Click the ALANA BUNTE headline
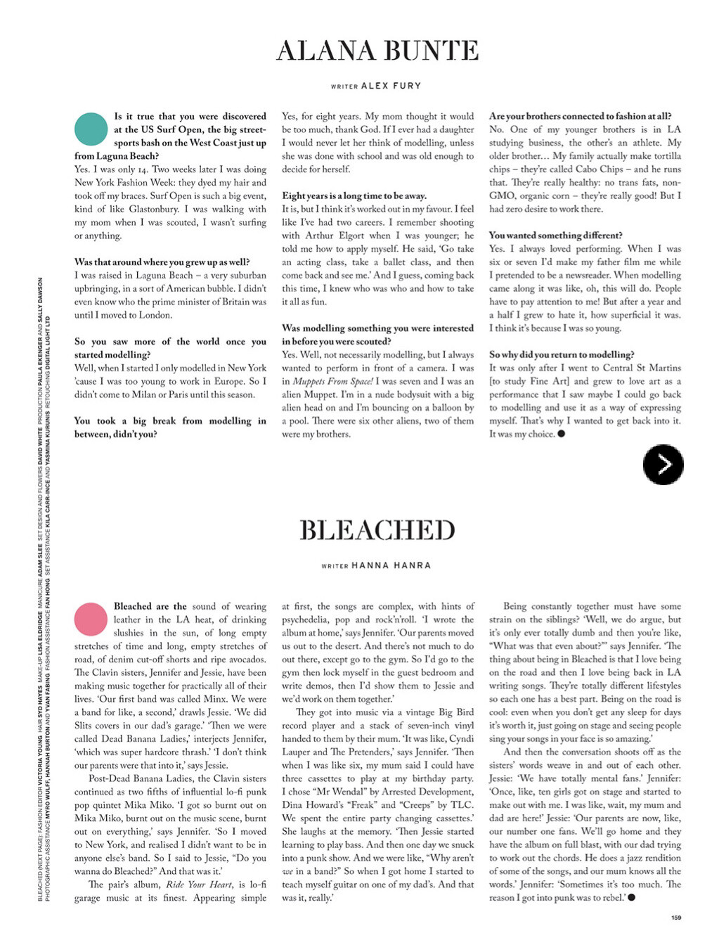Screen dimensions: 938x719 click(377, 51)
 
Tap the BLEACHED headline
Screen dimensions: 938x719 click(377, 530)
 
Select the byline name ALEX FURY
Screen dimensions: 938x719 click(391, 86)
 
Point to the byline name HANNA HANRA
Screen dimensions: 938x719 click(391, 565)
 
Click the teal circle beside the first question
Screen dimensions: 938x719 click(91, 129)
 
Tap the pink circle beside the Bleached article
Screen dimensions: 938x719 click(91, 619)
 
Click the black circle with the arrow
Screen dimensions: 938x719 click(663, 464)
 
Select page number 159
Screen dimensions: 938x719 click(676, 917)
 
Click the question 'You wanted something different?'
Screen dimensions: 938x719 click(555, 236)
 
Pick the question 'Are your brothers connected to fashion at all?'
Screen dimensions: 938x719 click(580, 116)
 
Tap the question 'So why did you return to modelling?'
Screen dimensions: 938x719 click(562, 354)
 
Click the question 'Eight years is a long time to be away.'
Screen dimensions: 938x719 click(354, 195)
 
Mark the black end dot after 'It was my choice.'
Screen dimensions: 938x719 click(561, 434)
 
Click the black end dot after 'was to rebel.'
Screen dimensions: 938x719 click(632, 897)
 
